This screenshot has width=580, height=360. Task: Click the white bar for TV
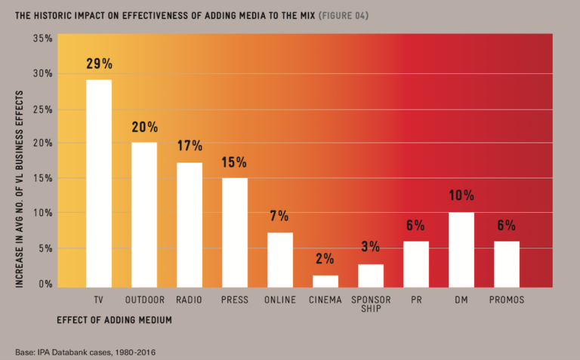pos(99,181)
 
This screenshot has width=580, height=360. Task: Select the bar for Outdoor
pos(143,213)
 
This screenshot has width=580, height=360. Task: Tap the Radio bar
pos(190,223)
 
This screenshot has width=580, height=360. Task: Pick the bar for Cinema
pos(325,280)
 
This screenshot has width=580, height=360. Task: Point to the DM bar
pos(461,248)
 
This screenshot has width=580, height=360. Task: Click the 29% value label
pos(99,64)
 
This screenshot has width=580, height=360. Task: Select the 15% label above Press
pos(235,162)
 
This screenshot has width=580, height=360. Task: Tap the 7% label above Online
pos(279,217)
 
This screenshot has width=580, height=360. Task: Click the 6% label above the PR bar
pos(415,226)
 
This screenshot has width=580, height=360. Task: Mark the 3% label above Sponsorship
pos(370,248)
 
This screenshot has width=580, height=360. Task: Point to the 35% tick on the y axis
pos(43,38)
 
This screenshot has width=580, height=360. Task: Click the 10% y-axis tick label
pos(43,214)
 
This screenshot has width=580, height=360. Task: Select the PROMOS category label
pos(507,300)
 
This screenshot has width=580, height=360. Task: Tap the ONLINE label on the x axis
pos(280,300)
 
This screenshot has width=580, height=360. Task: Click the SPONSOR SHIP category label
pos(370,305)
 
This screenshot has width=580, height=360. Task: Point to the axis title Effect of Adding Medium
pos(114,320)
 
